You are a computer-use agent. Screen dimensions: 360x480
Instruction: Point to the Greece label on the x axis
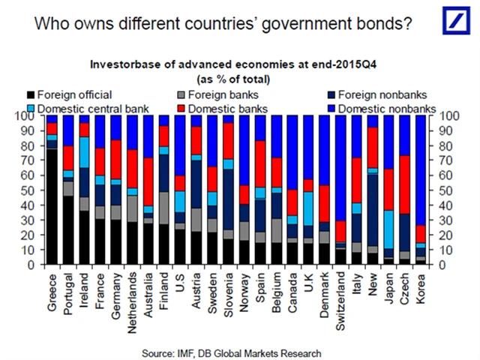pyautogui.click(x=52, y=284)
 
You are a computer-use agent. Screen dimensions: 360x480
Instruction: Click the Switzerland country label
pyautogui.click(x=340, y=295)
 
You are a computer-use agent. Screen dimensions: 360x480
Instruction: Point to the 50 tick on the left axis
pyautogui.click(x=31, y=190)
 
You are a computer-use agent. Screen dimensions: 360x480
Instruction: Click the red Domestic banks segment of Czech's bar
pyautogui.click(x=406, y=184)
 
